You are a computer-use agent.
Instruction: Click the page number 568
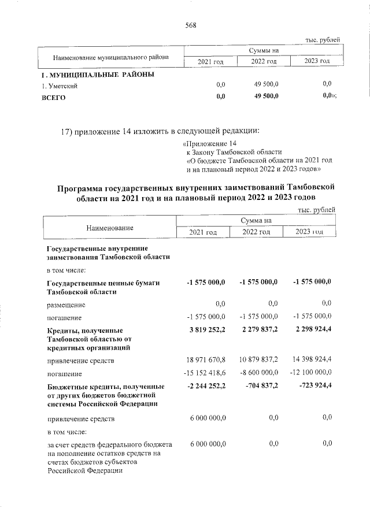[x=191, y=24]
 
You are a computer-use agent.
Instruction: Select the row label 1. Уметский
[x=59, y=86]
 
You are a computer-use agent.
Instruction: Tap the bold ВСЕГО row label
[x=54, y=98]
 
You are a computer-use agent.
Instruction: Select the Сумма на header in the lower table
[x=256, y=220]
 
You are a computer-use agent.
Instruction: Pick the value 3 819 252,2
[x=206, y=329]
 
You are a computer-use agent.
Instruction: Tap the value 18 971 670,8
[x=204, y=360]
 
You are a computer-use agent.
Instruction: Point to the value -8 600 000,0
[x=258, y=373]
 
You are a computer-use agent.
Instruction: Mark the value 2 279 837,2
[x=258, y=329]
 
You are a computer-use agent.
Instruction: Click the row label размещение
[x=66, y=304]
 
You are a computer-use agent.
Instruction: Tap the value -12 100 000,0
[x=311, y=373]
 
